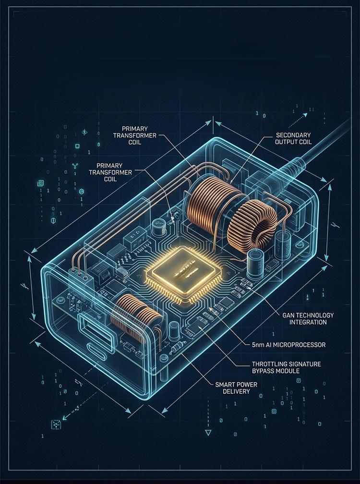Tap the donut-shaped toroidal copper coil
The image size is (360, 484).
pos(252,224)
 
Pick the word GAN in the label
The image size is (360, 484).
pos(289,315)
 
